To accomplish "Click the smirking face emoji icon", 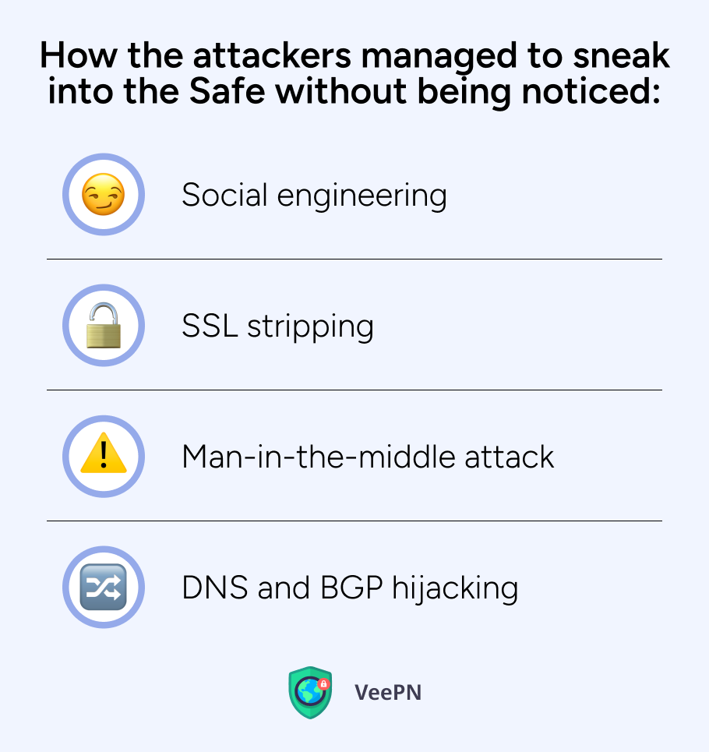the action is click(103, 194).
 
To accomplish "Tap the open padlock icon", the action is click(103, 325).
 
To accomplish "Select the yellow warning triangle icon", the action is click(104, 454).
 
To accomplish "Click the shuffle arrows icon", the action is click(103, 587).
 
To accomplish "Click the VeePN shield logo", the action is click(310, 692).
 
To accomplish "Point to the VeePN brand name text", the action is click(388, 693).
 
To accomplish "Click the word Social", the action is click(224, 195).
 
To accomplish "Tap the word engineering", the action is click(362, 196).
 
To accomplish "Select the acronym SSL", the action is click(210, 326).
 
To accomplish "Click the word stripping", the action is click(310, 327).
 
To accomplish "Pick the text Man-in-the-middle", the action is click(318, 456).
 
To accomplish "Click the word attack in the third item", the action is click(509, 456).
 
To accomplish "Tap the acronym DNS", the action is click(215, 587).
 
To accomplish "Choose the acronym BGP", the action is click(351, 587).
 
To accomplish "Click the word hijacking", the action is click(455, 588).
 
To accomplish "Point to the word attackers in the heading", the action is click(272, 55).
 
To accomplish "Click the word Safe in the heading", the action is click(228, 90).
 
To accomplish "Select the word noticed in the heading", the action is click(591, 90).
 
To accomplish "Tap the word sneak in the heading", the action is click(621, 55).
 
